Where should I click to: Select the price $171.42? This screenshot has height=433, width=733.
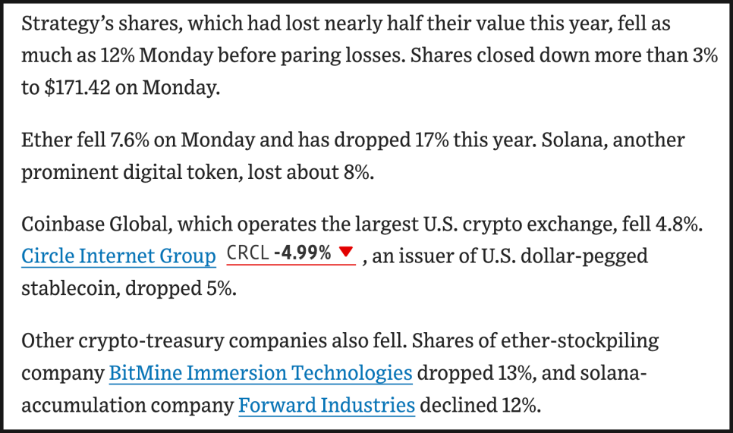80,87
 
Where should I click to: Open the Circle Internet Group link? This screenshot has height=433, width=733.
118,256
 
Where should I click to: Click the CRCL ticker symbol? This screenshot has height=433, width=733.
247,253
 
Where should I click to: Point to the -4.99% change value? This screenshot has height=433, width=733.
302,253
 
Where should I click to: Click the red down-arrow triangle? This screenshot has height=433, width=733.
346,253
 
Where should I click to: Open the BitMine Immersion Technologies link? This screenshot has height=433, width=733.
260,373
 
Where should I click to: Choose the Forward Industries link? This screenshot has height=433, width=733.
326,405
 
